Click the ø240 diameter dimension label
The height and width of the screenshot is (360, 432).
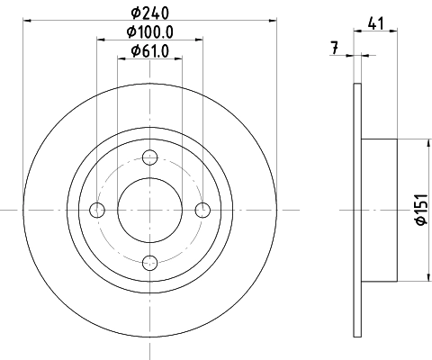pyautogui.click(x=150, y=13)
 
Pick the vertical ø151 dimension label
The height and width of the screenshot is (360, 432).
pyautogui.click(x=419, y=209)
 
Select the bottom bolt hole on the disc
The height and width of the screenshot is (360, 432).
pyautogui.click(x=150, y=262)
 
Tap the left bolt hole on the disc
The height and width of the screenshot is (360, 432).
pyautogui.click(x=98, y=210)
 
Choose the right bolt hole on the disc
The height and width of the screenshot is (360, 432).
pyautogui.click(x=202, y=210)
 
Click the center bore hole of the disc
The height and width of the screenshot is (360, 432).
pyautogui.click(x=150, y=210)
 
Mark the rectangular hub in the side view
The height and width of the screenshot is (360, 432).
pyautogui.click(x=378, y=210)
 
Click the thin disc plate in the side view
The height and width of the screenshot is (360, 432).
pyautogui.click(x=357, y=210)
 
